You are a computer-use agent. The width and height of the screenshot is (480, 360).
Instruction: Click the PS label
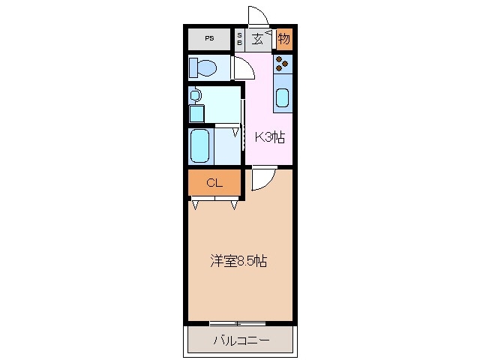click(209, 39)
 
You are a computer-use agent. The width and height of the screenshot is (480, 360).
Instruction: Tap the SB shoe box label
click(240, 39)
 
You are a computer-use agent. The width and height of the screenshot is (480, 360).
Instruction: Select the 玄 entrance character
click(257, 39)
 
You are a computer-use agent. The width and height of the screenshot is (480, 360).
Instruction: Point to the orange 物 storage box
click(284, 38)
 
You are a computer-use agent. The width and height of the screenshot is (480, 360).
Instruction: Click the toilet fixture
click(205, 69)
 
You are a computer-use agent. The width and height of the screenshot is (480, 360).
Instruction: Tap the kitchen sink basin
click(283, 97)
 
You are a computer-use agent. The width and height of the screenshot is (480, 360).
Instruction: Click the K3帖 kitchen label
click(269, 137)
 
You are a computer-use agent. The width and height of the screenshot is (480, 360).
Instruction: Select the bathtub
click(199, 145)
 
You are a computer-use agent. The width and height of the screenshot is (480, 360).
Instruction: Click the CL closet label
click(213, 182)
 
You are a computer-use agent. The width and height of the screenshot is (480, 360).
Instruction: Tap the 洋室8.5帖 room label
click(238, 262)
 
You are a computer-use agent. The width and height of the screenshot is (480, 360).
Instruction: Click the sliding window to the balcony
click(238, 323)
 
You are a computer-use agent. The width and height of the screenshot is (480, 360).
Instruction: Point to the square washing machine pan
click(196, 113)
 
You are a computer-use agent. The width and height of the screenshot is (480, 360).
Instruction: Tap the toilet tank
click(193, 68)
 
